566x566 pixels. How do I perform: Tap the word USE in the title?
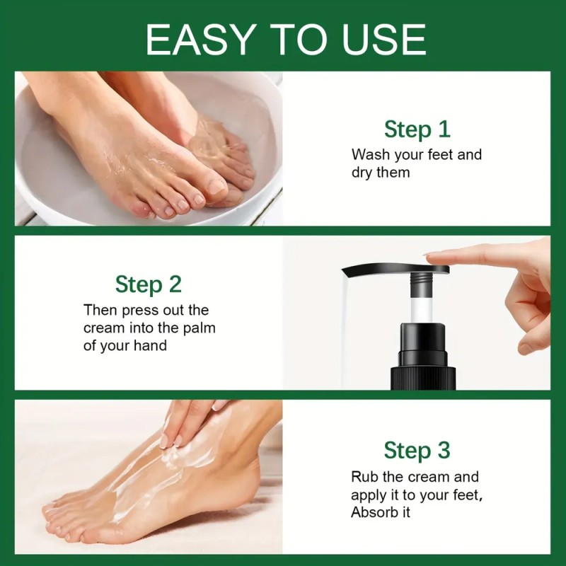click(x=384, y=39)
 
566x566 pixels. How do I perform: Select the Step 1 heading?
click(x=417, y=129)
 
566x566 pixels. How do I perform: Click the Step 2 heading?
click(x=149, y=284)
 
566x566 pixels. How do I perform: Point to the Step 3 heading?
click(x=417, y=450)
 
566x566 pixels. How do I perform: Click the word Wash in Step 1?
click(x=371, y=154)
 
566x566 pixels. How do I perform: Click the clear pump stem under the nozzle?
click(x=421, y=309)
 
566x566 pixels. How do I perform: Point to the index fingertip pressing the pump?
click(x=433, y=258)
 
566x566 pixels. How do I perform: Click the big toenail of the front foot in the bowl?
click(x=217, y=187)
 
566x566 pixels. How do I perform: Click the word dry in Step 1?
click(x=362, y=173)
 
